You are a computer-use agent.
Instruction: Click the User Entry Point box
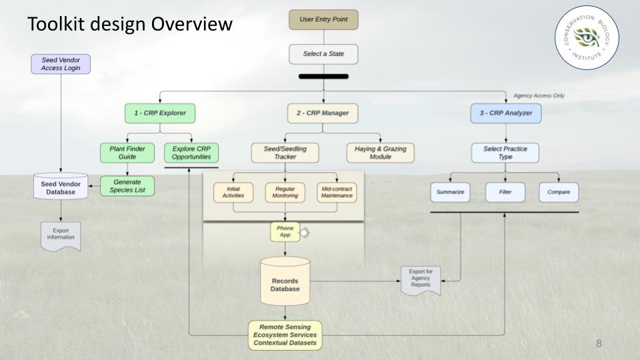point(323,19)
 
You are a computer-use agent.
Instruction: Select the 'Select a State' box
point(323,54)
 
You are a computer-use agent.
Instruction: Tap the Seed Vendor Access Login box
point(61,63)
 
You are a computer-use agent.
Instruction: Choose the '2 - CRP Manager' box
point(323,113)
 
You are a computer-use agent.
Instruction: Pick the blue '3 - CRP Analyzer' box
point(505,113)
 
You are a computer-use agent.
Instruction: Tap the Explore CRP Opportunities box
point(191,153)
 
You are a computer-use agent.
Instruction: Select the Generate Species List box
point(127,187)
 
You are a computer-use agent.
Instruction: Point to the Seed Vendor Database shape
point(61,187)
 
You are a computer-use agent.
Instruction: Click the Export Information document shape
point(61,236)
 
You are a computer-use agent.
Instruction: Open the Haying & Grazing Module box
point(380,153)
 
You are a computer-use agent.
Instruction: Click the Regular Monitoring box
point(285,193)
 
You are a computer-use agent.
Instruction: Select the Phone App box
point(285,232)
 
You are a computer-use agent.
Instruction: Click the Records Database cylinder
point(285,281)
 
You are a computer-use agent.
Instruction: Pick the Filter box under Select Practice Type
point(505,193)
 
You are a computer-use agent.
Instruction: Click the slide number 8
point(599,344)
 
